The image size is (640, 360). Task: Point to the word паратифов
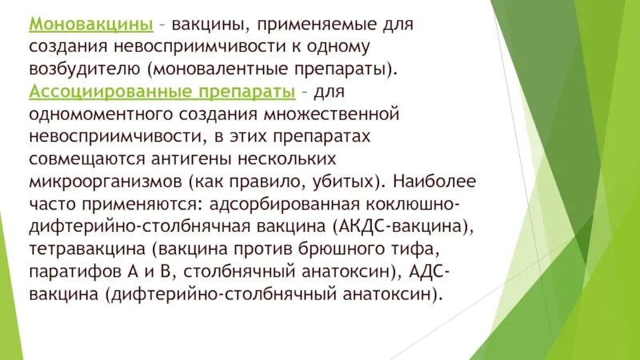[x=73, y=271]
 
